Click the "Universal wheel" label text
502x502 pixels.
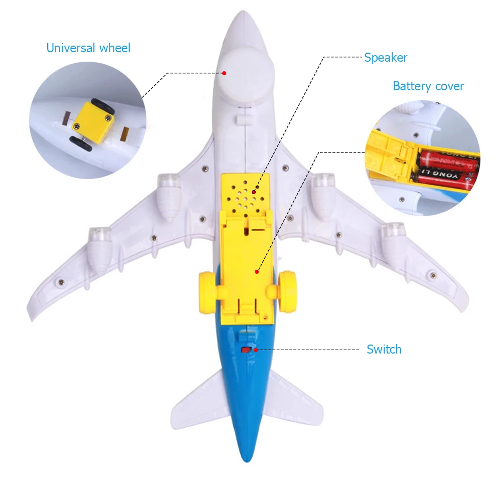pos(88,48)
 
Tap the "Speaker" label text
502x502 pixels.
pos(385,58)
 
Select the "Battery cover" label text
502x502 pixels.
pos(428,86)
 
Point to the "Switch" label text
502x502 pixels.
pos(384,350)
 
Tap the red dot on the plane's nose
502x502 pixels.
pos(224,73)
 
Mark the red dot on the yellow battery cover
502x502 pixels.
pos(256,272)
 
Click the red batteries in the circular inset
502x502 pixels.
pos(444,168)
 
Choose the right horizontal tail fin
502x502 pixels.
pos(293,401)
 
